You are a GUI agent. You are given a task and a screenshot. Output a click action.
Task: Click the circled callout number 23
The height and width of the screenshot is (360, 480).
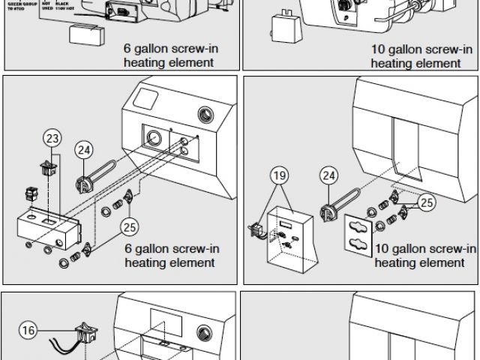[x=52, y=138]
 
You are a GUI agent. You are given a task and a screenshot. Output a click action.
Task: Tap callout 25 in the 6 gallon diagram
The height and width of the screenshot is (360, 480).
[x=131, y=226]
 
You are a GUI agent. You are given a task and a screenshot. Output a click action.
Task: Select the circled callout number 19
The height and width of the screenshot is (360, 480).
[x=278, y=176]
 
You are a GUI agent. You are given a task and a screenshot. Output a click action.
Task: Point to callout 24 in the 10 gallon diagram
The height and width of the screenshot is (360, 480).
[x=328, y=176]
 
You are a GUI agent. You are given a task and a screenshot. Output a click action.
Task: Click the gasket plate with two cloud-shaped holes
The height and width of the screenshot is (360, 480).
[x=361, y=234]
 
